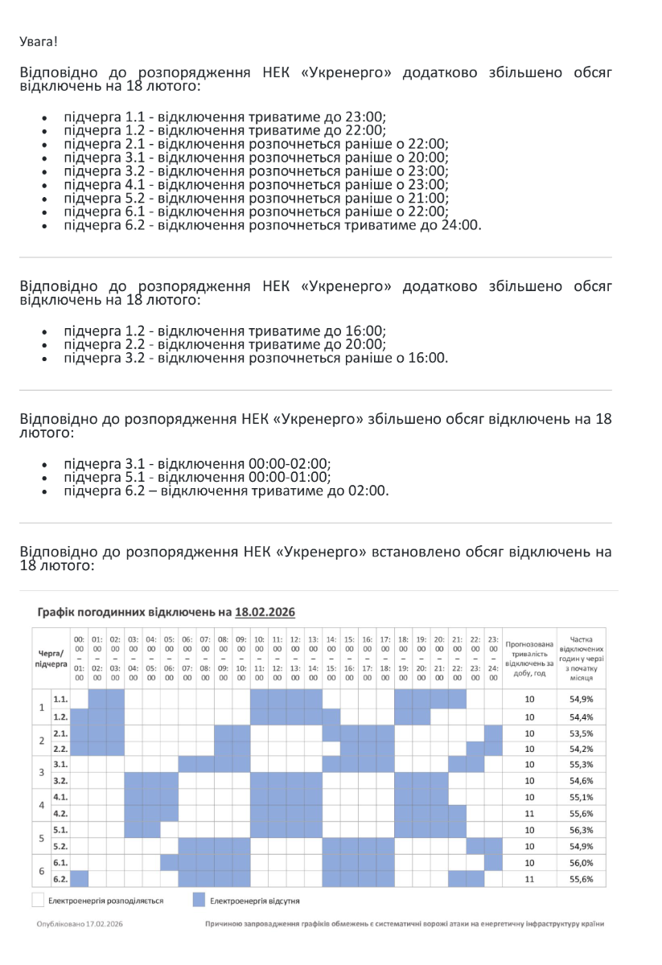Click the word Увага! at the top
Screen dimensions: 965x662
[x=39, y=40]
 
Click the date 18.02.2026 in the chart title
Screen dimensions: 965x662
[x=265, y=613]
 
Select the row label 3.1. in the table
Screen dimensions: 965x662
[x=60, y=765]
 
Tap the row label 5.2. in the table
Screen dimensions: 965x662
[x=60, y=846]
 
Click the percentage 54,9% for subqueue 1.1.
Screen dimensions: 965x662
[x=581, y=700]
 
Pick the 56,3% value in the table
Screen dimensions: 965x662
[x=581, y=830]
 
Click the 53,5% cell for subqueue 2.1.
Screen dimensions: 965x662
[x=581, y=733]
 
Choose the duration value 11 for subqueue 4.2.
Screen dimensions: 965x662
[x=529, y=814]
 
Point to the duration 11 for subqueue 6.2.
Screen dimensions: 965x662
[x=529, y=879]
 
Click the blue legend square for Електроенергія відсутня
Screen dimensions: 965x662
[x=199, y=901]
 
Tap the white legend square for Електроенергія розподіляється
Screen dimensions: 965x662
[x=38, y=901]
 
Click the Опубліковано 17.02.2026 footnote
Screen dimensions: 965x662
[x=80, y=923]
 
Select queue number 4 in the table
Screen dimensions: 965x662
[x=42, y=806]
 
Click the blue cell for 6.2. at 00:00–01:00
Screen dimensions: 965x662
[x=80, y=879]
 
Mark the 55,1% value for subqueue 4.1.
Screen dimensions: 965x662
[x=581, y=798]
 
